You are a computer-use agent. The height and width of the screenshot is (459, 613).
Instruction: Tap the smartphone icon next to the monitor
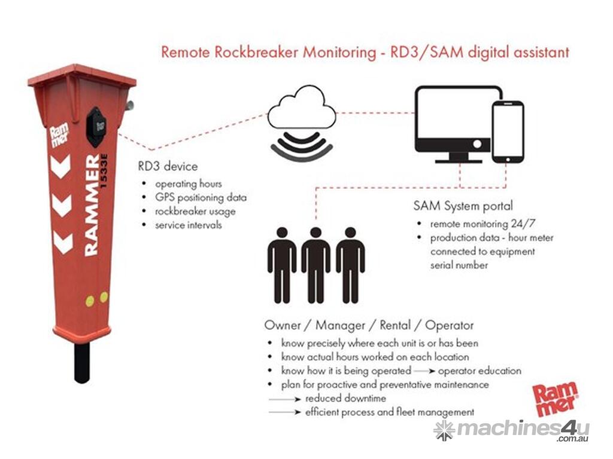tap(508, 132)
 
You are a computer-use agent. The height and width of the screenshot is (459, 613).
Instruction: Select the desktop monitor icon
tap(458, 122)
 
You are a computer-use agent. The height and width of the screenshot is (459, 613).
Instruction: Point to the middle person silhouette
tap(315, 264)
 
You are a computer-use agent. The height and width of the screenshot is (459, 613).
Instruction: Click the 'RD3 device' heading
tap(168, 166)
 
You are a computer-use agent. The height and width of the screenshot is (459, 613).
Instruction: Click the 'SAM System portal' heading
tap(463, 206)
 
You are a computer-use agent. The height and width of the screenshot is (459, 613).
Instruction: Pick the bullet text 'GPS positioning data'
tap(201, 197)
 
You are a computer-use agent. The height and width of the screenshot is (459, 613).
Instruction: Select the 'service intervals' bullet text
tap(189, 225)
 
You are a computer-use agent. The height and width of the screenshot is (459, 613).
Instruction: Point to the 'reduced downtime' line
tap(345, 398)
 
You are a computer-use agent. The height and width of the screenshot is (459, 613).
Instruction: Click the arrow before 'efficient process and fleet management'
tap(285, 412)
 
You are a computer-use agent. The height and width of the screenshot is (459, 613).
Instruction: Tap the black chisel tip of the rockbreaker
tap(82, 362)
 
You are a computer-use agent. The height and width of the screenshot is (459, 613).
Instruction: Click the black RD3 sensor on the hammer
tap(95, 126)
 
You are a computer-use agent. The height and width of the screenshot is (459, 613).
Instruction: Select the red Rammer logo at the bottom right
tap(556, 397)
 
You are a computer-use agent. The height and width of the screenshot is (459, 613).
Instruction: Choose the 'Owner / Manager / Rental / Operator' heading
tap(369, 326)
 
